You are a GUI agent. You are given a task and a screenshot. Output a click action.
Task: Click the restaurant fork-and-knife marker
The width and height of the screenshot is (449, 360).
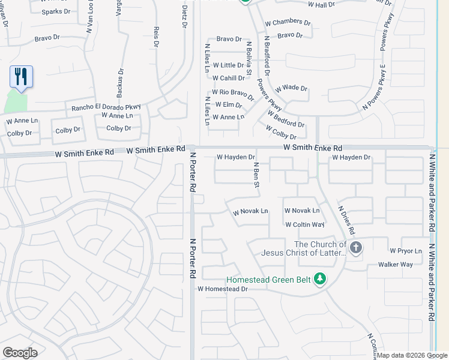click(21, 76)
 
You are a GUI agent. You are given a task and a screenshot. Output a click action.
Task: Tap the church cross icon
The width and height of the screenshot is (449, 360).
click(356, 248)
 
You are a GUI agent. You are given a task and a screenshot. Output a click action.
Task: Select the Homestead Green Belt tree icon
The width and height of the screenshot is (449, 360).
click(321, 278)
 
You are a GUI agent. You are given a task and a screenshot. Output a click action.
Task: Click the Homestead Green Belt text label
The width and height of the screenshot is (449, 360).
click(268, 279)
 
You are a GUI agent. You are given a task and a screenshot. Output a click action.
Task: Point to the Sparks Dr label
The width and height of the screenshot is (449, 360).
click(56, 11)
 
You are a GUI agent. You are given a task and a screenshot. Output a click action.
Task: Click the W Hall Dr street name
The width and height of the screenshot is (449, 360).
click(321, 4)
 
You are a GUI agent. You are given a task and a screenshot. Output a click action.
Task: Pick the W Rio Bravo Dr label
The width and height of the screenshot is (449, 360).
click(233, 94)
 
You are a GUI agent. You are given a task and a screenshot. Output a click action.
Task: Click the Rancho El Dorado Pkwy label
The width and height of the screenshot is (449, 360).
click(106, 107)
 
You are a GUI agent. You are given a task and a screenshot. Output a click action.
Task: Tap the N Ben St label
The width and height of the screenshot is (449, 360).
click(256, 174)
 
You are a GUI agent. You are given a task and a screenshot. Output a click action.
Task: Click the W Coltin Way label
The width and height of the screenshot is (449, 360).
click(304, 224)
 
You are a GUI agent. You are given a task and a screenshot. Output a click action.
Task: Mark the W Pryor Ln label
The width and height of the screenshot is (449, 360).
click(406, 250)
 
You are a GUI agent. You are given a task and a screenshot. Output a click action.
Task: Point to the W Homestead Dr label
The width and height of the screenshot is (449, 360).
click(223, 289)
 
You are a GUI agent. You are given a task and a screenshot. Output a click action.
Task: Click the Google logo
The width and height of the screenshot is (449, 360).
click(20, 352)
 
